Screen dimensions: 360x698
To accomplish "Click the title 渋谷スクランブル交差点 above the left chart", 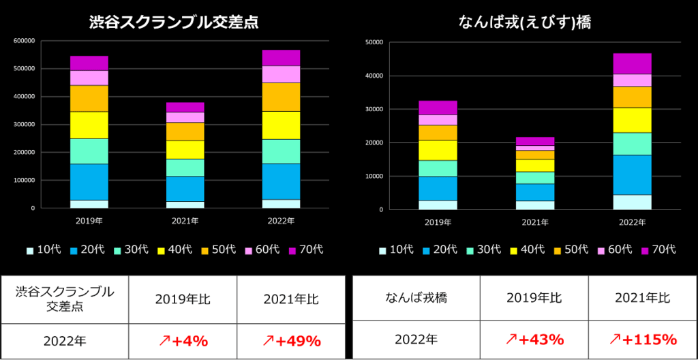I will pyautogui.click(x=174, y=22).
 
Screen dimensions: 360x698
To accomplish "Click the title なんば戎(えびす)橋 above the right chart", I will pyautogui.click(x=524, y=22).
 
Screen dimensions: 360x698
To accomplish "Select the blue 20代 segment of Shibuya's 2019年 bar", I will pyautogui.click(x=89, y=182).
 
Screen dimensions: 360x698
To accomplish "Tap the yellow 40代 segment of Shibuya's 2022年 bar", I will pyautogui.click(x=281, y=125).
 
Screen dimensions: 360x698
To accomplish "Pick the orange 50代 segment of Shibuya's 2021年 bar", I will pyautogui.click(x=185, y=131).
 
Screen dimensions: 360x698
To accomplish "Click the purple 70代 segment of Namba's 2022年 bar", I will pyautogui.click(x=632, y=63).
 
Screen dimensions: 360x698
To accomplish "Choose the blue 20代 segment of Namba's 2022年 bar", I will pyautogui.click(x=632, y=175).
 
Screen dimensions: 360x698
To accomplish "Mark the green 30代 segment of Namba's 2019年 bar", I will pyautogui.click(x=438, y=168).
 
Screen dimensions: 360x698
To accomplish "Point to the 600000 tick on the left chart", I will pyautogui.click(x=23, y=41).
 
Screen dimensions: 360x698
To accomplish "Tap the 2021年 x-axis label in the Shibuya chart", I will pyautogui.click(x=185, y=221).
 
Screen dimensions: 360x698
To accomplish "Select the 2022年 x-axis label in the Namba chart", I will pyautogui.click(x=632, y=222).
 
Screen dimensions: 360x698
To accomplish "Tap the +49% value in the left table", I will pyautogui.click(x=291, y=340).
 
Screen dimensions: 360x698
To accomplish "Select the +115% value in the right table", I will pyautogui.click(x=642, y=339).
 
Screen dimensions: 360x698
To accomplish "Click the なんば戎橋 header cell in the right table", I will pyautogui.click(x=416, y=297).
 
